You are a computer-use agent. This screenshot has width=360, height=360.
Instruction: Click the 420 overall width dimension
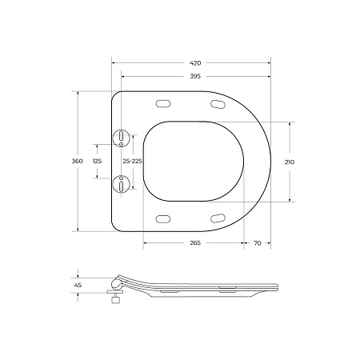pyautogui.click(x=196, y=62)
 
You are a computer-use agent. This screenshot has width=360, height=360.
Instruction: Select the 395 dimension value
pyautogui.click(x=196, y=76)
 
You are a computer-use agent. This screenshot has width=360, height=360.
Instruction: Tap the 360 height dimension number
pyautogui.click(x=78, y=161)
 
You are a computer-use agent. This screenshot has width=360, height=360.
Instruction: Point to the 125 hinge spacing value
pyautogui.click(x=98, y=161)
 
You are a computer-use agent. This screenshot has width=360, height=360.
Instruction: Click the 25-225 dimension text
pyautogui.click(x=133, y=161)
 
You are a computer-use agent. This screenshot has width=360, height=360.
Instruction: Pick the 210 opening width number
pyautogui.click(x=289, y=161)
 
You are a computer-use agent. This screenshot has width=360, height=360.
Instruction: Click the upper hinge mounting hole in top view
pyautogui.click(x=120, y=138)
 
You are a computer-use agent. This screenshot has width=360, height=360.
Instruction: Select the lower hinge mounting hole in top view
pyautogui.click(x=120, y=185)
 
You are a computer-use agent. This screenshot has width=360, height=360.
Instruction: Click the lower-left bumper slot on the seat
pyautogui.click(x=165, y=218)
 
